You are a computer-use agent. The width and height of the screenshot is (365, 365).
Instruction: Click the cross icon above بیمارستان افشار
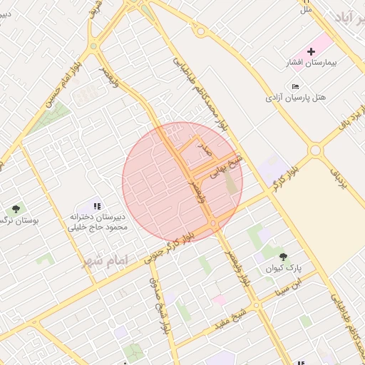coord(311,51)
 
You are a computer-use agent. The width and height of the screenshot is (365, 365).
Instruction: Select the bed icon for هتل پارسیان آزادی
coord(296,86)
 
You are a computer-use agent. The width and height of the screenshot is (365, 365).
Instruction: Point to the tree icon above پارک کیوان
coord(284,257)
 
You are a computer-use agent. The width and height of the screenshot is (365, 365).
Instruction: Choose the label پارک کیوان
coord(284,269)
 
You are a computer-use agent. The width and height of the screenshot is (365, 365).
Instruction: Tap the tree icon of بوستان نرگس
coord(16,209)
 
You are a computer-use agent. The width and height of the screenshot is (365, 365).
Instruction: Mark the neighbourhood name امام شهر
coord(103,262)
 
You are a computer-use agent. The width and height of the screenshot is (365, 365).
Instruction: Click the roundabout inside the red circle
coord(214,225)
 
